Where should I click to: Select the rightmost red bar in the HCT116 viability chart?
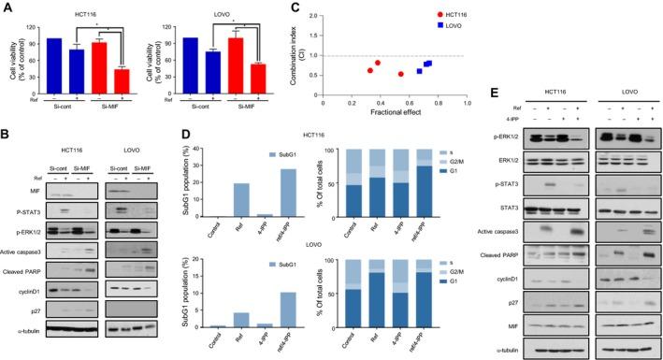[121, 81]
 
